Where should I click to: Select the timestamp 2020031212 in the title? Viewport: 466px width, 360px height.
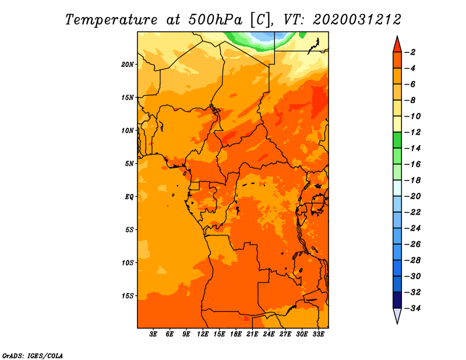click(x=356, y=19)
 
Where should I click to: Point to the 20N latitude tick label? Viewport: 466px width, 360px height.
click(x=128, y=64)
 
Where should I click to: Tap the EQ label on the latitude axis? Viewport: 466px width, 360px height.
click(x=129, y=196)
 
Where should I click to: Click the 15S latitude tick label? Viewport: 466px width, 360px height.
click(x=128, y=295)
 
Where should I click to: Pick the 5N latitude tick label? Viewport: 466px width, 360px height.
click(x=129, y=163)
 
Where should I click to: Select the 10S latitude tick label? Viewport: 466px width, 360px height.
click(x=128, y=262)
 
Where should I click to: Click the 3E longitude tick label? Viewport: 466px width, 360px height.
click(x=154, y=334)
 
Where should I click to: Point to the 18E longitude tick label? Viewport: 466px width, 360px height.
click(x=236, y=334)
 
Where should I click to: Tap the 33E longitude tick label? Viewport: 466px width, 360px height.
click(x=318, y=334)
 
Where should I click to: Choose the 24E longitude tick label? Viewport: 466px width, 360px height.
click(x=269, y=334)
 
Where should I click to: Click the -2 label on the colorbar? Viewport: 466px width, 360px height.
click(x=411, y=52)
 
